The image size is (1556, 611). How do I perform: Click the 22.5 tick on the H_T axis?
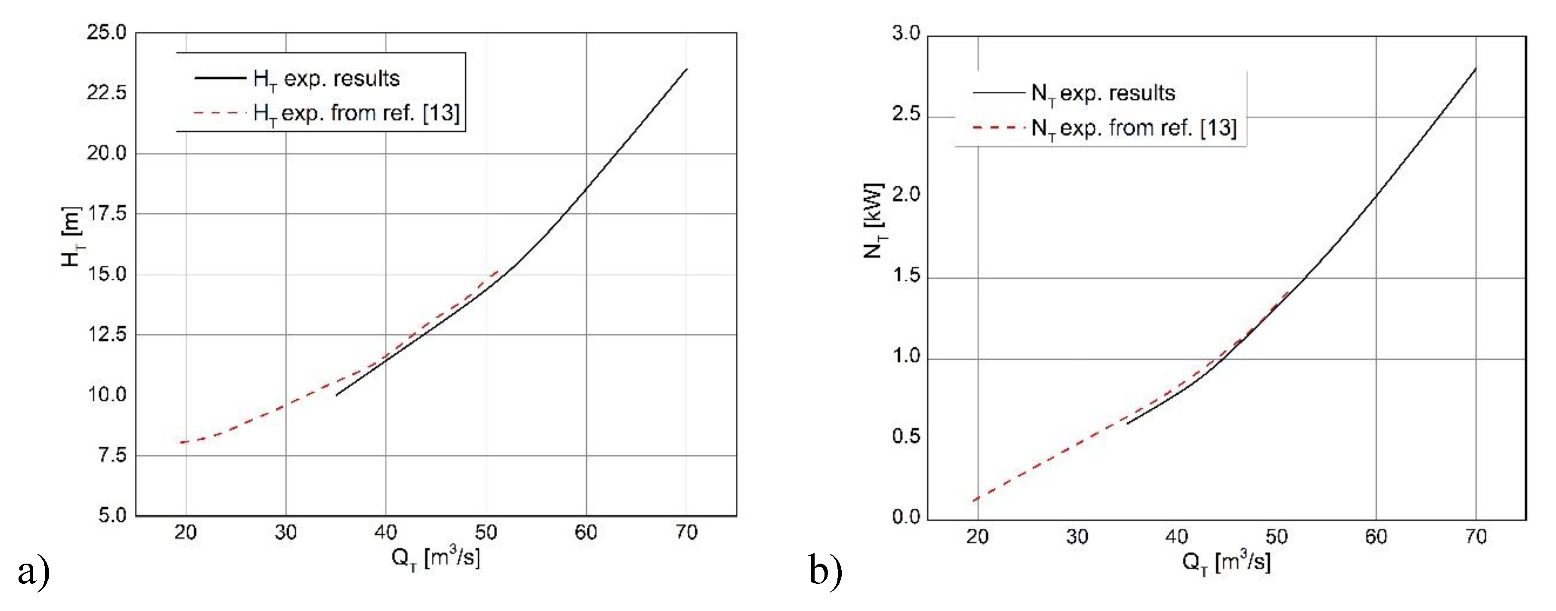(107, 93)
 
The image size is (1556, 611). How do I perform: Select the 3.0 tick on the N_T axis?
(905, 34)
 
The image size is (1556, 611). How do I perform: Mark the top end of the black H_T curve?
(687, 69)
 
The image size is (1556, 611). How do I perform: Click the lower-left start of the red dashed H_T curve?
(180, 442)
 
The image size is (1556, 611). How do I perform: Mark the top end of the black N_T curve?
(1475, 69)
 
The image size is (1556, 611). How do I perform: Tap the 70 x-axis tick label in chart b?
(1475, 537)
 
